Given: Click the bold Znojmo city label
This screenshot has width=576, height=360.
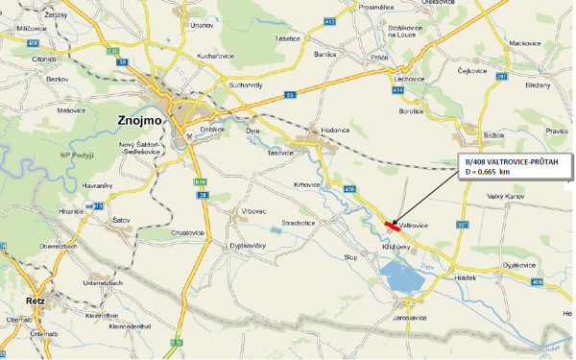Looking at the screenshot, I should [140, 122].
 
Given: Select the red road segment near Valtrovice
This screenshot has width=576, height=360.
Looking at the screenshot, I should [392, 225].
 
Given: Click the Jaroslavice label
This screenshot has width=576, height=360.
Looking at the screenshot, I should [409, 317].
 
